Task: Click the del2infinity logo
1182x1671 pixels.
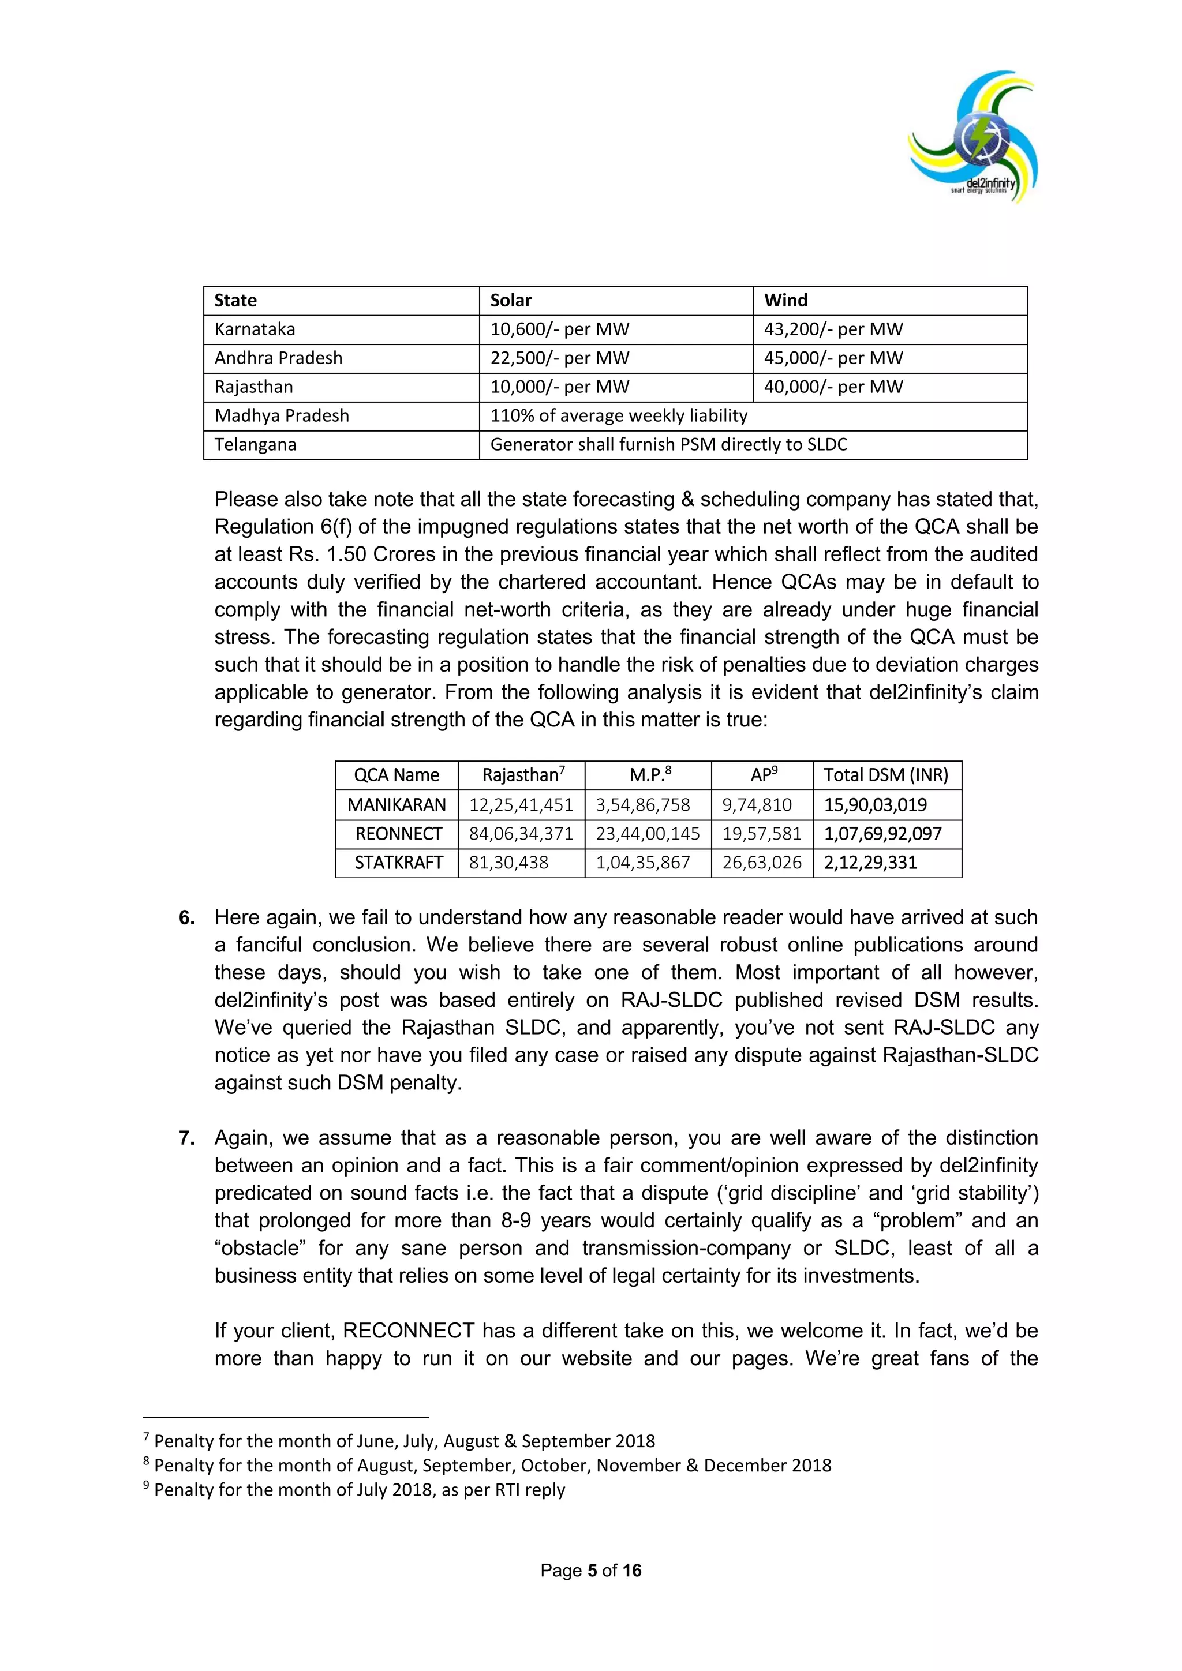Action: tap(973, 137)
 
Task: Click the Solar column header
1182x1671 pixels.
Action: tap(511, 301)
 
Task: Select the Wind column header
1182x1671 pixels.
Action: tap(785, 301)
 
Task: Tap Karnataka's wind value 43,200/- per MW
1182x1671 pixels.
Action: tap(833, 329)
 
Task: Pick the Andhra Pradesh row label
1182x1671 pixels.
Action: tap(278, 358)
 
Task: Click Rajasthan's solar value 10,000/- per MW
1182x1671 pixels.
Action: tap(559, 387)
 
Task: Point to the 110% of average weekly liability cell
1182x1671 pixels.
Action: tap(619, 415)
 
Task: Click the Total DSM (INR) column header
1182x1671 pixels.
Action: tap(886, 775)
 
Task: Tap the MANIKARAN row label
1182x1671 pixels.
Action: tap(397, 805)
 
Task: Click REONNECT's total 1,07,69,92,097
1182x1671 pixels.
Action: tap(883, 834)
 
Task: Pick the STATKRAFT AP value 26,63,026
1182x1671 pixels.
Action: tap(761, 863)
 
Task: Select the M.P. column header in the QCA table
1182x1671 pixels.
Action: tap(649, 775)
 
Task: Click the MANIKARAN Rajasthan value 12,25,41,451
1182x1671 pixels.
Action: tap(521, 805)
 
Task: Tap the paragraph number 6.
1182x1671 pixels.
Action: tap(187, 918)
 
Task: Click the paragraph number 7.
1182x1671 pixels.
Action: tap(187, 1138)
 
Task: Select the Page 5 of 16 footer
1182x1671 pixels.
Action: tap(590, 1571)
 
